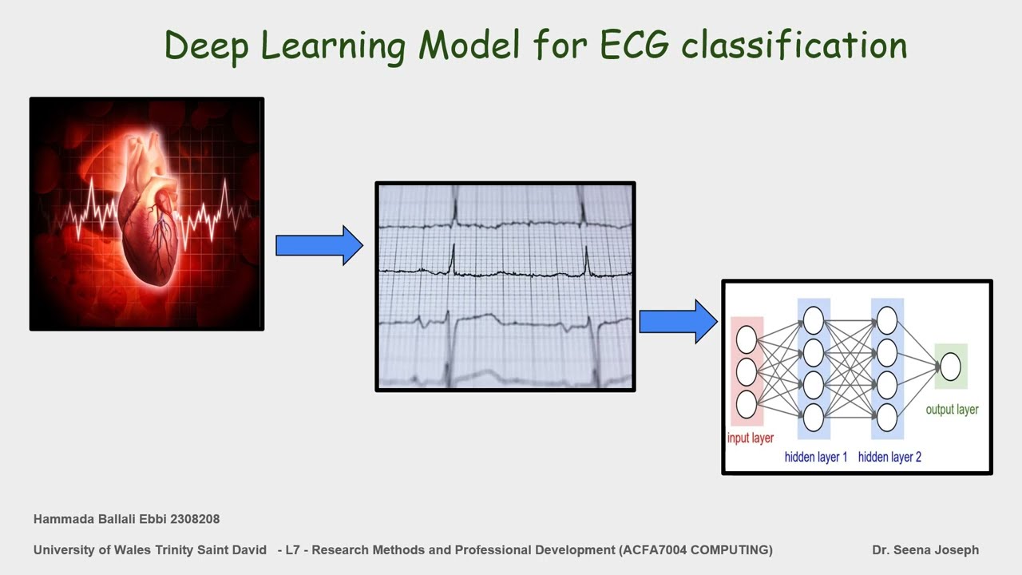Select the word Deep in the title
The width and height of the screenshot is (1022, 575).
point(208,46)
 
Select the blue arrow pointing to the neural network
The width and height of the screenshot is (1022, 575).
point(678,322)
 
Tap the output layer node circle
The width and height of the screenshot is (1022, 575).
point(950,367)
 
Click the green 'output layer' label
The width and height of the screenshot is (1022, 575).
point(952,410)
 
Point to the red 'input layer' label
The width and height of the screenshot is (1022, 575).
point(750,438)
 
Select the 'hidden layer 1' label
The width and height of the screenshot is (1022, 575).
point(816,457)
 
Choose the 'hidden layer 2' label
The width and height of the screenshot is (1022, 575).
point(889,457)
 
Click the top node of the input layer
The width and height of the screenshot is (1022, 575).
point(747,339)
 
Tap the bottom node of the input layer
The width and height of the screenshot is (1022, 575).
point(747,404)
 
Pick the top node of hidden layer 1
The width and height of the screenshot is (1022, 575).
point(814,321)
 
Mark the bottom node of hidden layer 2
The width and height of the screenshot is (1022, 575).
point(887,417)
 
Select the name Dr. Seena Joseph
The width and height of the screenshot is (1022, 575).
point(925,549)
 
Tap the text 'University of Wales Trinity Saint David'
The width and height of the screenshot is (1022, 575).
point(150,549)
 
